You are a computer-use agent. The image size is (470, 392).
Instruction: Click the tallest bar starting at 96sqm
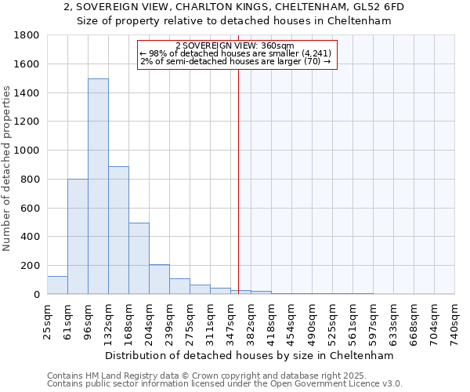click(98, 187)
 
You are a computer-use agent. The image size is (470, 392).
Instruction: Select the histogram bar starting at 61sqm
click(78, 237)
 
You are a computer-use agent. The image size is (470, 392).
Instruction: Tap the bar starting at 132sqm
click(118, 230)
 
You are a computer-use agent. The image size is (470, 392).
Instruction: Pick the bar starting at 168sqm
click(139, 259)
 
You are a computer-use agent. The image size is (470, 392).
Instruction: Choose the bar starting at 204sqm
click(159, 279)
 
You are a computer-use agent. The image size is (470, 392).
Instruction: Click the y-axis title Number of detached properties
click(7, 180)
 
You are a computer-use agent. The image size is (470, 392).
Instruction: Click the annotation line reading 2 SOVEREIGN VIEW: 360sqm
click(235, 45)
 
